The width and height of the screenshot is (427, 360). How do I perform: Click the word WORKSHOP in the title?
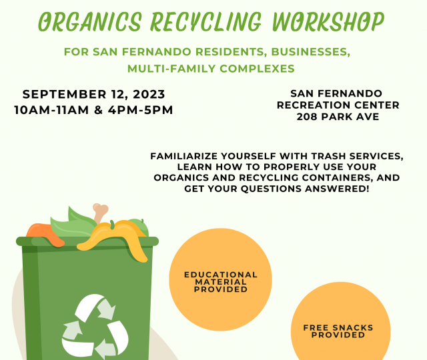click(x=328, y=21)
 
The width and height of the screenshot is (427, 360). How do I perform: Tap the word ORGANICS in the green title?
click(x=90, y=21)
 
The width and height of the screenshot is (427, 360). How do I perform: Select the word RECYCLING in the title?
click(x=206, y=22)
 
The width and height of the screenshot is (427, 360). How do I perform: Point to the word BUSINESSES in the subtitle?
click(x=311, y=52)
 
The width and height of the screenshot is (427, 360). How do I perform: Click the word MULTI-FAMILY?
click(x=171, y=69)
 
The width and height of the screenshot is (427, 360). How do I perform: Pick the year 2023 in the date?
click(x=149, y=95)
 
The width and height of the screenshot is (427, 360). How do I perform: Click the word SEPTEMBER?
click(x=64, y=94)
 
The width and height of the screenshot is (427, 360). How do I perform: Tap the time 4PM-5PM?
click(x=141, y=110)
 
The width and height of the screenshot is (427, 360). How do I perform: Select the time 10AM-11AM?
click(x=51, y=110)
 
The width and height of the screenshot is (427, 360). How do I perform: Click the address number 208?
click(x=307, y=117)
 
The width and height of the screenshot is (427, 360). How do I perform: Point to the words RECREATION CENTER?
click(x=338, y=105)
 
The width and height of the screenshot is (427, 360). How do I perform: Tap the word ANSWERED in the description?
click(x=337, y=189)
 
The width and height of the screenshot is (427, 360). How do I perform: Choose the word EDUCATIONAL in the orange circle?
click(x=221, y=275)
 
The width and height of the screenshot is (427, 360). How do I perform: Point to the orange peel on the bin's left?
click(x=45, y=235)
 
